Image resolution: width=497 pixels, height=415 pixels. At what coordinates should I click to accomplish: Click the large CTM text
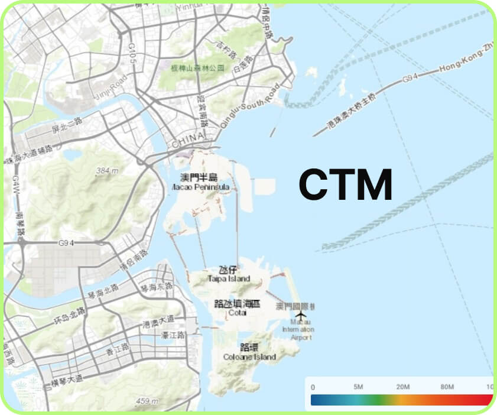pos(346,184)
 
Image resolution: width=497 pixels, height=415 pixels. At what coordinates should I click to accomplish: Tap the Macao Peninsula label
pos(199,182)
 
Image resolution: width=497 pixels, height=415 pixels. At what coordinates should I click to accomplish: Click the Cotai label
pos(237,308)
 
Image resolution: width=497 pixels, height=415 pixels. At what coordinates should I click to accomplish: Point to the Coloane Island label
pos(249,352)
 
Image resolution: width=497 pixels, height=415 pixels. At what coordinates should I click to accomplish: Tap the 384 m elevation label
pos(108,171)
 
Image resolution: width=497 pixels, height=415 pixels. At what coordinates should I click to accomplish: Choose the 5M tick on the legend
pos(358,387)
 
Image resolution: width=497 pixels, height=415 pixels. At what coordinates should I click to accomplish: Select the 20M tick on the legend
pos(403,387)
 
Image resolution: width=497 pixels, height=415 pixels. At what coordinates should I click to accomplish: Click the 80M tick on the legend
pos(447,387)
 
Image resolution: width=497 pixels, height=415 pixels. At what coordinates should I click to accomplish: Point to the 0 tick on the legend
pos(313,387)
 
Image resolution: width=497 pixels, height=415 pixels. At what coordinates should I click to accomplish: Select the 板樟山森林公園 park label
pos(197,68)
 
